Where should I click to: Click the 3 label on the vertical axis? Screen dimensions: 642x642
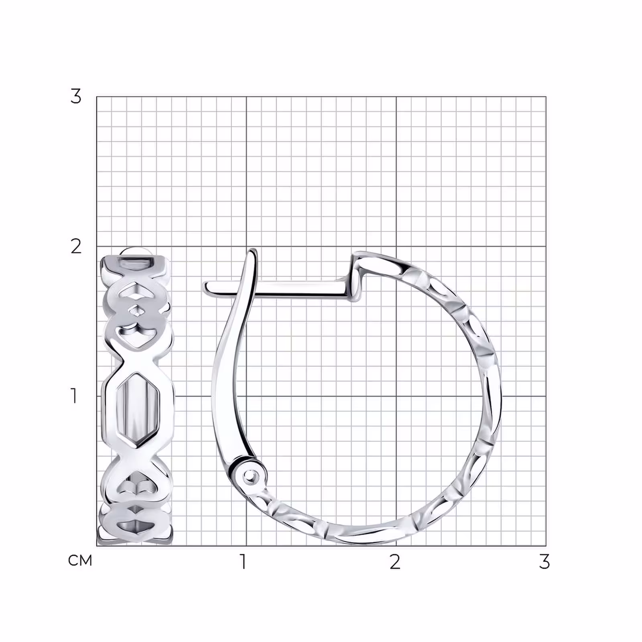(x=75, y=96)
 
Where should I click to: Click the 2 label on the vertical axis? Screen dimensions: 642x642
(x=76, y=246)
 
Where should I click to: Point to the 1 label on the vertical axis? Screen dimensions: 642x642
(x=74, y=396)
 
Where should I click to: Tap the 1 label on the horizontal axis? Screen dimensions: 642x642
(x=243, y=562)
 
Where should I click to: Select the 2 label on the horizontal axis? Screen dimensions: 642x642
(x=395, y=562)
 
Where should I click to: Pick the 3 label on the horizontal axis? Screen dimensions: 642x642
(x=544, y=562)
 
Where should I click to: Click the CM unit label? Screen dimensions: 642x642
(x=80, y=561)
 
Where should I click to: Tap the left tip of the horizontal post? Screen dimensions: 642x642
(x=205, y=286)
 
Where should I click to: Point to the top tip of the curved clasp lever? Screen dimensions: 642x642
(x=252, y=250)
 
